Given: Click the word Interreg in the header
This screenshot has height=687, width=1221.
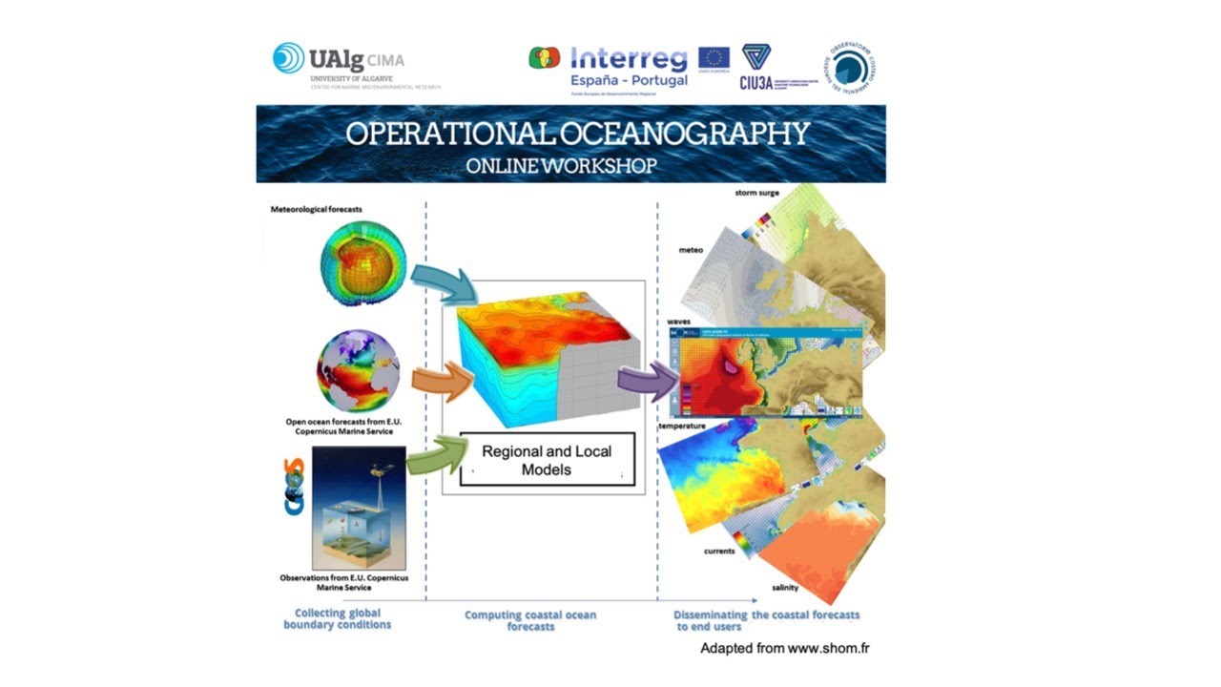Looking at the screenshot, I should [628, 59].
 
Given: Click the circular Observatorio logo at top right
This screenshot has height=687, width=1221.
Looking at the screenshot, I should [851, 68].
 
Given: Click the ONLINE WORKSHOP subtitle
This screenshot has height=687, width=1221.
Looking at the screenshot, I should [561, 165].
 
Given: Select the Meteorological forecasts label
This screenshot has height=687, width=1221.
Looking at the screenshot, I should [317, 209].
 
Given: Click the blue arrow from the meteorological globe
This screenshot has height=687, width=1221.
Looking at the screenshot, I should [444, 283].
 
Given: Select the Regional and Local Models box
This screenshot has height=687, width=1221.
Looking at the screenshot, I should [547, 460].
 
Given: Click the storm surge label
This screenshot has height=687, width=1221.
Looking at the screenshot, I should [756, 193].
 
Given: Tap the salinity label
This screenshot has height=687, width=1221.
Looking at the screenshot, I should [785, 588].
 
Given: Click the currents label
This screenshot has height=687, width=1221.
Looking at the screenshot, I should [719, 551].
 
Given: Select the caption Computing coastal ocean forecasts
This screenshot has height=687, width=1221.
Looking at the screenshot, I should [530, 620].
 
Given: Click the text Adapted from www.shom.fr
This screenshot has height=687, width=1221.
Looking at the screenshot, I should [784, 649].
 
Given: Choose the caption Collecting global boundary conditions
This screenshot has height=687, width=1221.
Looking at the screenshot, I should [338, 618].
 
